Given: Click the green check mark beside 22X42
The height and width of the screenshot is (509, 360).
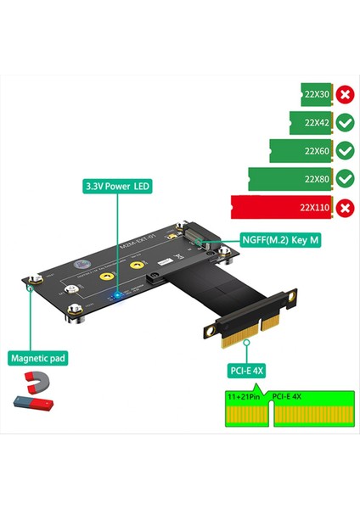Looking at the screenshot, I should [345, 122].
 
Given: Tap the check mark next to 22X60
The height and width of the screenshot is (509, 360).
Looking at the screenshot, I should [345, 150].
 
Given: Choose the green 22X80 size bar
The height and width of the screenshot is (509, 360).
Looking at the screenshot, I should [289, 178].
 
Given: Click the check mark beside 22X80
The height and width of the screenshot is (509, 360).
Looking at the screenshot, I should [345, 178].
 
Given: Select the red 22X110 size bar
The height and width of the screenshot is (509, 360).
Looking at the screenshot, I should [279, 207].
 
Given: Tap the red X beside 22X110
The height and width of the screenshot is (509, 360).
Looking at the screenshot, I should [345, 207].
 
